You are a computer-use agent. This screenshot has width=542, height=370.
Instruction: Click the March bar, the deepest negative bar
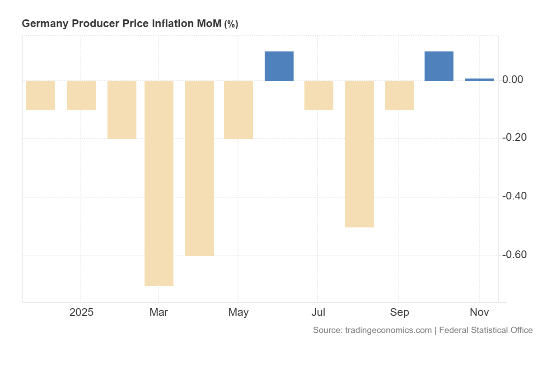(159, 183)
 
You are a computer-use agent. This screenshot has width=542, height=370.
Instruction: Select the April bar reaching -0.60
(200, 168)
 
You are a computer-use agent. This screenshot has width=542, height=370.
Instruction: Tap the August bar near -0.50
(360, 154)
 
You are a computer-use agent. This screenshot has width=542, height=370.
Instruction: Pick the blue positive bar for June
(279, 66)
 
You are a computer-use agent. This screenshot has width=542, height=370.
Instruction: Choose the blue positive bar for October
(439, 66)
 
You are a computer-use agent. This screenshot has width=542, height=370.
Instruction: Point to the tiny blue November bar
(480, 80)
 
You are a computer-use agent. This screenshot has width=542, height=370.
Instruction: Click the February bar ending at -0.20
(122, 110)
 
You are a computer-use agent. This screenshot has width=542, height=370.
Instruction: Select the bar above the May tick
(238, 110)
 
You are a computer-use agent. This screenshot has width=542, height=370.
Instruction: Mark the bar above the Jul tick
(319, 95)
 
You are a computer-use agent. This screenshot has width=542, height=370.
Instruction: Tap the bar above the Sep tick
(399, 95)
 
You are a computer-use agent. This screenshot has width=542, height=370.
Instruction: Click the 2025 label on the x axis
(81, 312)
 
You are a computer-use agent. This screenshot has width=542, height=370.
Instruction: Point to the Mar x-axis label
(159, 312)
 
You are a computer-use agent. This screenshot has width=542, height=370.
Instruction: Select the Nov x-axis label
(479, 312)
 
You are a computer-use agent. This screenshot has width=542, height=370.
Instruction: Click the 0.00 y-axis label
(513, 80)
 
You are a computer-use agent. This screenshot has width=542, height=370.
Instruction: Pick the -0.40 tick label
(514, 196)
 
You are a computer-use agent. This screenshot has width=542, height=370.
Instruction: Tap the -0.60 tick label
(514, 255)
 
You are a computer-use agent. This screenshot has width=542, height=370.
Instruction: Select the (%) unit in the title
(231, 24)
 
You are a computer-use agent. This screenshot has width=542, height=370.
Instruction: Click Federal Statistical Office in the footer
(486, 330)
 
